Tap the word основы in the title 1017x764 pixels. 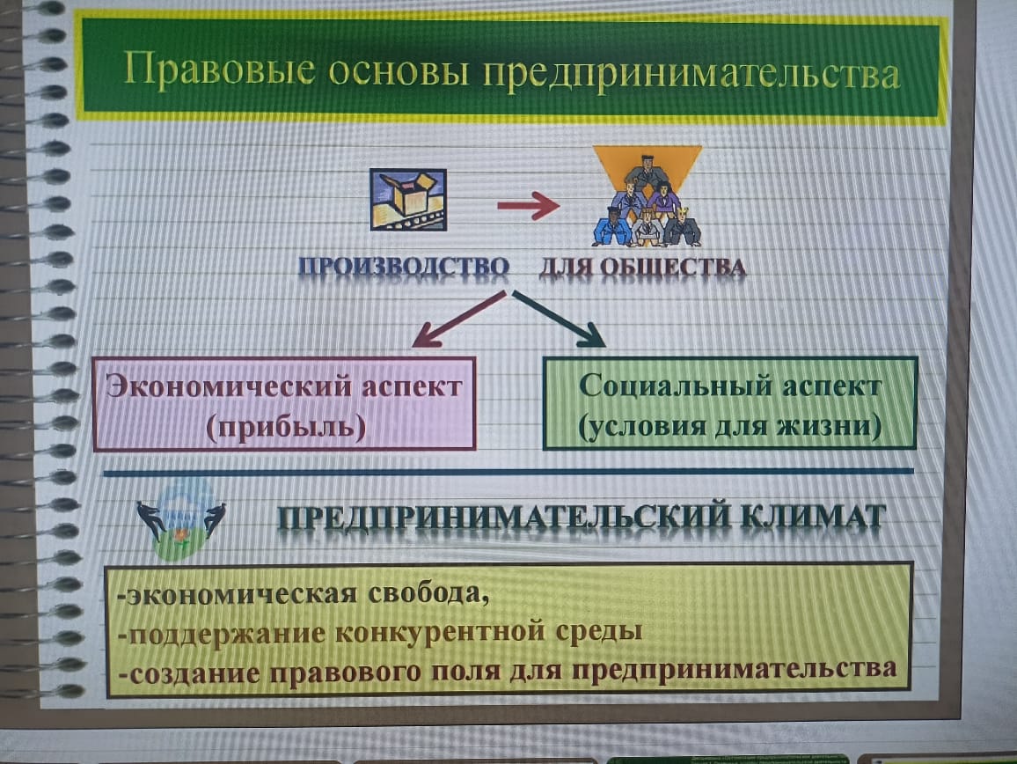point(399,71)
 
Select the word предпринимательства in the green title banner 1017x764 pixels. point(691,74)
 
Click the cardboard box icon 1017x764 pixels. point(408,199)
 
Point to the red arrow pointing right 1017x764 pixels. point(528,206)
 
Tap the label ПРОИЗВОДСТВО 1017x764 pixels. point(404,267)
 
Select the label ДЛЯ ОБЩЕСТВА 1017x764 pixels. point(643,267)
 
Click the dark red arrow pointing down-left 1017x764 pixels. point(457,320)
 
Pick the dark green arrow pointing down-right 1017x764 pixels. point(559,319)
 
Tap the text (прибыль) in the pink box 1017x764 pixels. point(286,427)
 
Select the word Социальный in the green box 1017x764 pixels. point(673,386)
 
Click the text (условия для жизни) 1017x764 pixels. point(729,427)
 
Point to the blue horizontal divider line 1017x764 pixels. point(508,472)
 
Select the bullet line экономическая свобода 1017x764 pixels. point(303,593)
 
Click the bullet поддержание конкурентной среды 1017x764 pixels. point(380,632)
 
